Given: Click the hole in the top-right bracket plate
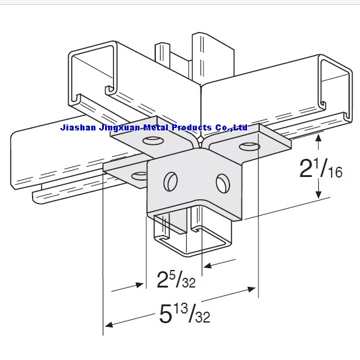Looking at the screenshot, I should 248,146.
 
